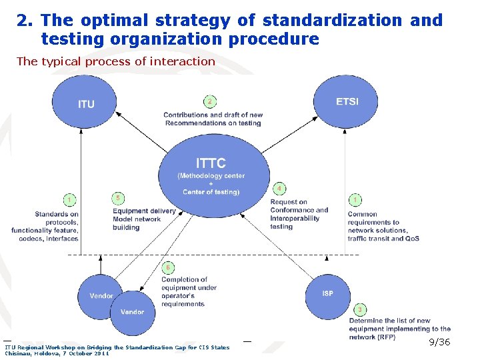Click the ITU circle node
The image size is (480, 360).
[x=85, y=104]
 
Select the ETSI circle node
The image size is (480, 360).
[x=346, y=102]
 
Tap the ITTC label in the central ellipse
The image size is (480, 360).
[x=211, y=163]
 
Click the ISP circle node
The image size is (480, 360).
[x=328, y=293]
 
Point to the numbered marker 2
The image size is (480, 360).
[x=209, y=102]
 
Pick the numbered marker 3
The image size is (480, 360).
[x=360, y=310]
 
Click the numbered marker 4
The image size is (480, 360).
[x=279, y=189]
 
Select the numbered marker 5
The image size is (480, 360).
[x=118, y=199]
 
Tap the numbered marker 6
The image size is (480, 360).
[x=169, y=267]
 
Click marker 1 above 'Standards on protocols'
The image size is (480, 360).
[x=69, y=199]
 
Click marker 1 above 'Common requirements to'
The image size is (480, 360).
[x=356, y=199]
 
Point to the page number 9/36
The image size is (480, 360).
[x=439, y=342]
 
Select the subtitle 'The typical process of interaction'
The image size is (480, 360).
[x=116, y=61]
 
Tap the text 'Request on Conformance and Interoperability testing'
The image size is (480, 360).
[x=299, y=214]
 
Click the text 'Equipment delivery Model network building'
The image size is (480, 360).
[x=143, y=219]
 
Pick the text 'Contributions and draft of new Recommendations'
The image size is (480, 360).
[x=213, y=119]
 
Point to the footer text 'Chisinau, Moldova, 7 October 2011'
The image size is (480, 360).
[x=57, y=353]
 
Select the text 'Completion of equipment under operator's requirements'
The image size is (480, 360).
[x=183, y=292]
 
